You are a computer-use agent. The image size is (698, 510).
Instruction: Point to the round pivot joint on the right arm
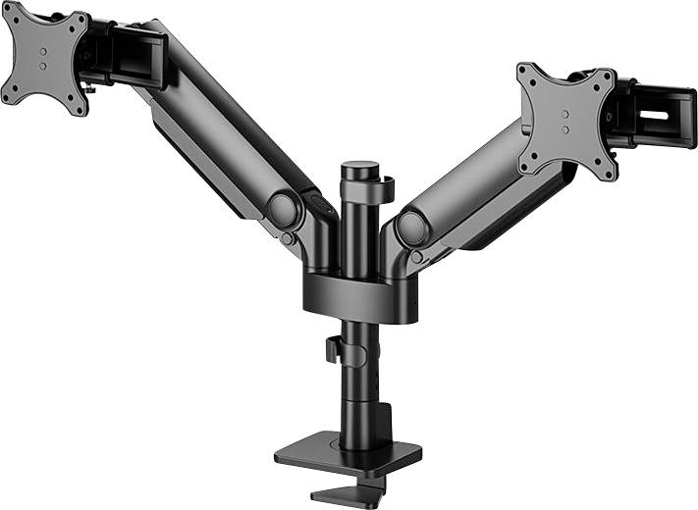pos(411,228)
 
